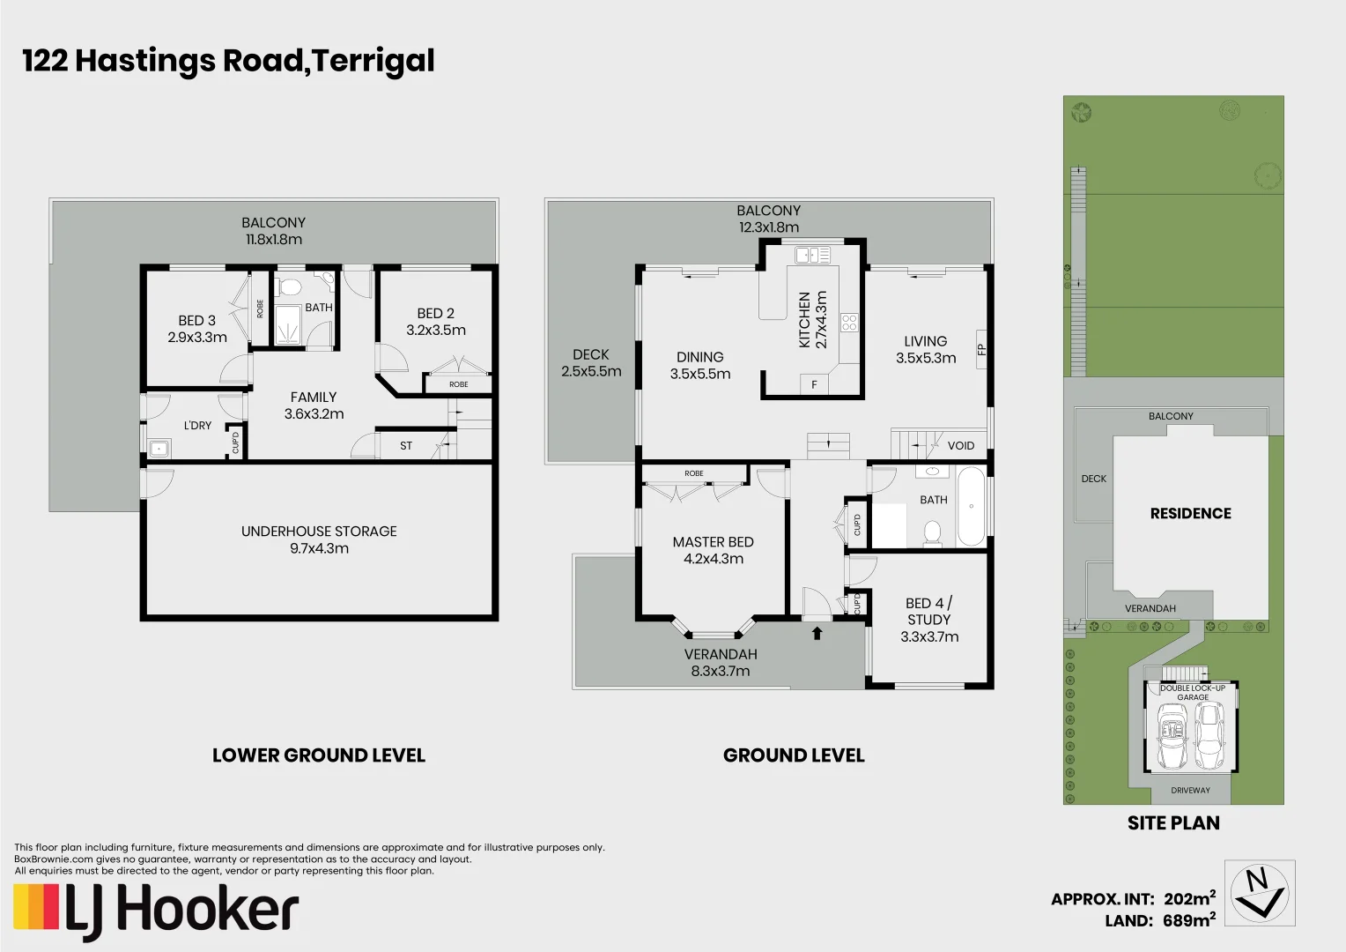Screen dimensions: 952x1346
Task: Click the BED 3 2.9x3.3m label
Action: [197, 329]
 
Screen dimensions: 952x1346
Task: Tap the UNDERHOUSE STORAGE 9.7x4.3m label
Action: [319, 539]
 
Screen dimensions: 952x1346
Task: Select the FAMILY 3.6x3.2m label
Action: [314, 405]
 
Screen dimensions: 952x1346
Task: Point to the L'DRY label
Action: [197, 425]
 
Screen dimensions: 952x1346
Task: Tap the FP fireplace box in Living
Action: [981, 349]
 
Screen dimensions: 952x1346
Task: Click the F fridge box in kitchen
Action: [814, 385]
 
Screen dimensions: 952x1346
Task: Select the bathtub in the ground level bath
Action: [971, 507]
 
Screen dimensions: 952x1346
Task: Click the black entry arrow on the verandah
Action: [817, 632]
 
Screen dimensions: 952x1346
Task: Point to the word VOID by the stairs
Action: [960, 445]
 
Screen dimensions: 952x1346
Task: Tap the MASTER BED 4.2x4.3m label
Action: [713, 550]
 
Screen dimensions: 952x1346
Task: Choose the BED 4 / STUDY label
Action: [929, 620]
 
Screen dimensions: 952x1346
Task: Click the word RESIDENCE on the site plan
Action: [1190, 513]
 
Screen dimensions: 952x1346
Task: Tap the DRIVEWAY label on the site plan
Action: [1190, 790]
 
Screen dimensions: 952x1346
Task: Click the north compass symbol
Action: [1260, 892]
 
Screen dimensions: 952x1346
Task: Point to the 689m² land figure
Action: [1188, 920]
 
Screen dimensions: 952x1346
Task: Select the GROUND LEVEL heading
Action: [794, 755]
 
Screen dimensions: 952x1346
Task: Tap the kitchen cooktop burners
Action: [849, 323]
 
